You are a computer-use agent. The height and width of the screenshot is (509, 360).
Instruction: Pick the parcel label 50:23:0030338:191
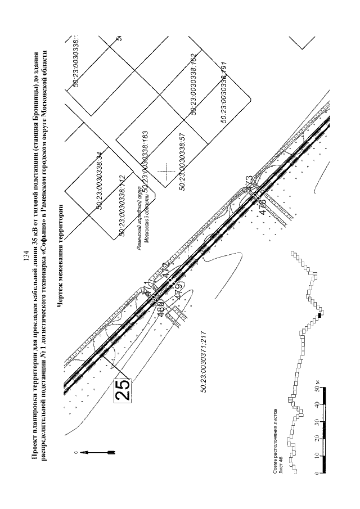point(224,91)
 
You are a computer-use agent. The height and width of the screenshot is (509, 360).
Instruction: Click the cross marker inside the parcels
point(166,170)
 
